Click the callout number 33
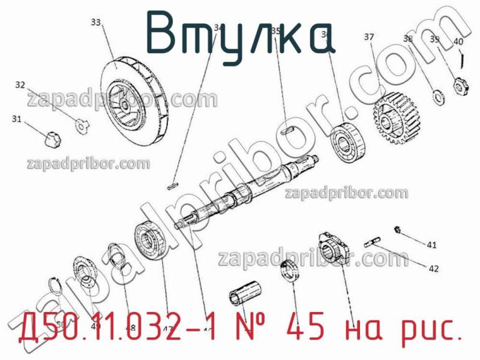(x=95, y=22)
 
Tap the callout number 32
(x=20, y=85)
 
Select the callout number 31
(x=16, y=119)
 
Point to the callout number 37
(x=369, y=37)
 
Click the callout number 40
(x=457, y=41)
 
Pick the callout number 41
(x=432, y=244)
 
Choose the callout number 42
(x=433, y=269)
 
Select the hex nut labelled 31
(x=53, y=138)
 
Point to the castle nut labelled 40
(x=460, y=85)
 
